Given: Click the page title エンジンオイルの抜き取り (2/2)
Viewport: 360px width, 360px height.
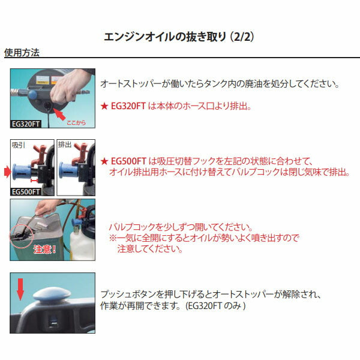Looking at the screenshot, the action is tap(179, 37).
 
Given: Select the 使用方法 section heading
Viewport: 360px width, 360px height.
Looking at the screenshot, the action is tap(22, 53).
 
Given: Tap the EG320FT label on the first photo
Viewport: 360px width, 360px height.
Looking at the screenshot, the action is tap(25, 124).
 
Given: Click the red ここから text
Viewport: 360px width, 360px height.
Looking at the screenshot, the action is tap(76, 122).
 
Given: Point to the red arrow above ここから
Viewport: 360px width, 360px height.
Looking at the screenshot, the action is tap(59, 114).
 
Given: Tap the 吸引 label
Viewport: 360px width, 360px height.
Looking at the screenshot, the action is tap(18, 145).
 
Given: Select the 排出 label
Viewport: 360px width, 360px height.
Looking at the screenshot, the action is tap(65, 145).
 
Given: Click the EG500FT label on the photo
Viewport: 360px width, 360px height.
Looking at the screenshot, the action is tap(26, 192).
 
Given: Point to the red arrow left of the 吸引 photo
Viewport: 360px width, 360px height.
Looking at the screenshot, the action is tap(8, 172).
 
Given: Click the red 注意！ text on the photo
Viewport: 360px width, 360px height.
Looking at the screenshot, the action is tap(44, 250).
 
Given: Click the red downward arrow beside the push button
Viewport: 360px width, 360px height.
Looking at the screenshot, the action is tap(20, 289).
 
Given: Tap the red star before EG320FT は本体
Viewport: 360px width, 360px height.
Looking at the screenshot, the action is tap(104, 106).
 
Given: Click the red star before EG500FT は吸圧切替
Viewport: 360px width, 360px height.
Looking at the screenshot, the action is tap(104, 161).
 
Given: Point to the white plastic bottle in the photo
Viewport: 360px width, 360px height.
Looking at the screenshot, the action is tap(82, 245).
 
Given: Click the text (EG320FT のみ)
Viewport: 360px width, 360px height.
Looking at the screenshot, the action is tap(215, 305).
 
